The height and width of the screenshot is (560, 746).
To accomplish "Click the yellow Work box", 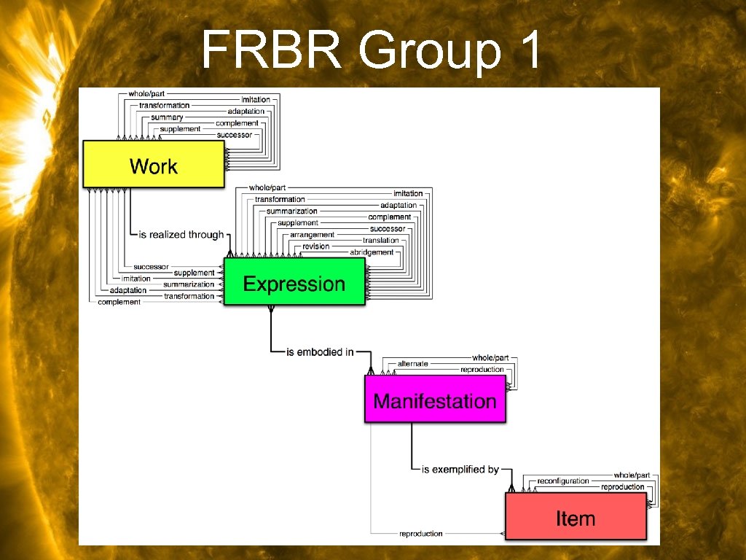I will coord(153,165).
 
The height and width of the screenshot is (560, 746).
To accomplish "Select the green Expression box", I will coord(294,283).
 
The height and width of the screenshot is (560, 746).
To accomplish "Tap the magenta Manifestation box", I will coord(434,400).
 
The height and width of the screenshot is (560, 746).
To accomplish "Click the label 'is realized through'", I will coord(181,234).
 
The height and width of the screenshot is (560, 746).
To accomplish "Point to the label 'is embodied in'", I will coord(320,352).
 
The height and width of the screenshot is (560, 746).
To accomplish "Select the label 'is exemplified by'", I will coord(460,470).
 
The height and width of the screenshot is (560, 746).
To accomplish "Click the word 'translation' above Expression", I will coord(381,241).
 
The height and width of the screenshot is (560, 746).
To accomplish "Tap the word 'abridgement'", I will coord(372,252).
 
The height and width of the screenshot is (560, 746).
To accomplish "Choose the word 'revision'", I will coord(316,246).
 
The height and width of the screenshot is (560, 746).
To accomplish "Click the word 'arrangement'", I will coord(312,235).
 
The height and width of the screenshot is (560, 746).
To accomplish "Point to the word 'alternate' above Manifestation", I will coord(412,363).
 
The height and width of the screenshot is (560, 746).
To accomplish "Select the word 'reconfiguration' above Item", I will coord(562,481).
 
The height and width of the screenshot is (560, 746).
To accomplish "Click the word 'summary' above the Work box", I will coord(167,117).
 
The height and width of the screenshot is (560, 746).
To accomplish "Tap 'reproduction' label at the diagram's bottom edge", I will coord(420,534).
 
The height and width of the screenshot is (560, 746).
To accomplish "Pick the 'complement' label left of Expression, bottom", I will coord(119,302).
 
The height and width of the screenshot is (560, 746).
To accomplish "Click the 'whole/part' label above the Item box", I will coord(632,475).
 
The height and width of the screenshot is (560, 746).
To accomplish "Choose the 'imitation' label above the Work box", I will coord(255,99).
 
